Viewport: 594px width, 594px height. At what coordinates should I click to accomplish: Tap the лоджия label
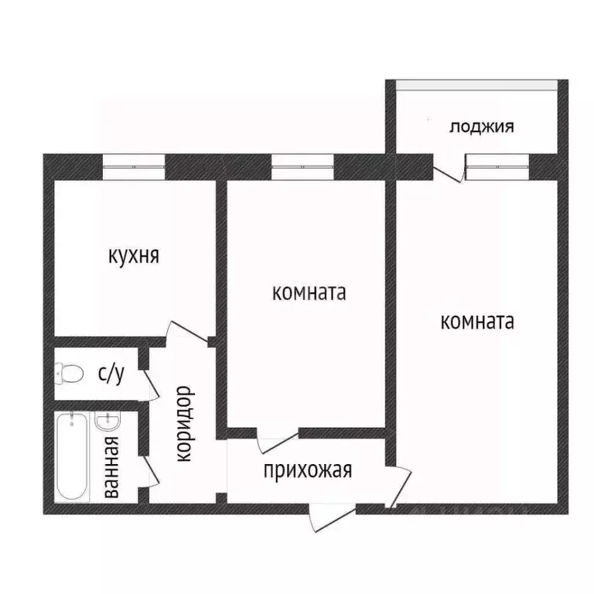click(481, 126)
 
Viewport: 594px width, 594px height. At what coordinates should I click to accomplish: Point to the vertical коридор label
click(184, 425)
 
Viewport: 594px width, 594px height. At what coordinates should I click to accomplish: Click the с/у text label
click(110, 374)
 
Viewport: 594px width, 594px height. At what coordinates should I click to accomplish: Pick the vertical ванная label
click(112, 466)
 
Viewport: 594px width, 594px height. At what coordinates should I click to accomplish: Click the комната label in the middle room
click(308, 294)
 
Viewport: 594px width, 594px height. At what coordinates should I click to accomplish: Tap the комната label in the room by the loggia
click(476, 321)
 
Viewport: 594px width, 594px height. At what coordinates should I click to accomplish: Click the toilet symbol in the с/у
click(70, 374)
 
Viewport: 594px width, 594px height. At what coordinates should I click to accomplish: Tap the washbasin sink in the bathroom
click(106, 422)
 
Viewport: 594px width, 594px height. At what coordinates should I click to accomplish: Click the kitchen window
click(134, 166)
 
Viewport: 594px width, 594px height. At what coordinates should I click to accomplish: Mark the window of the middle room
click(302, 166)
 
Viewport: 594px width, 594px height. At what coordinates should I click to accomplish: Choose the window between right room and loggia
click(497, 166)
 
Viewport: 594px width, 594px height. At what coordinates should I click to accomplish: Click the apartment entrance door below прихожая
click(331, 516)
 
